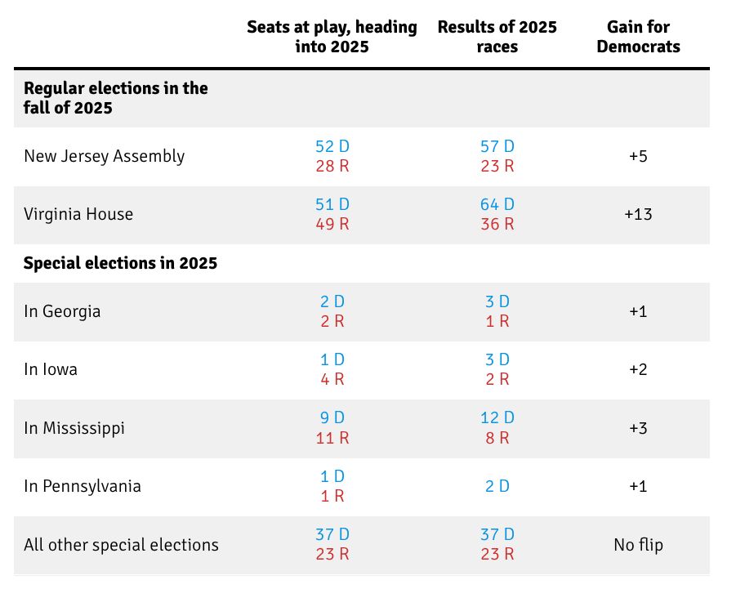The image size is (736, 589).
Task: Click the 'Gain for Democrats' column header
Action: (638, 37)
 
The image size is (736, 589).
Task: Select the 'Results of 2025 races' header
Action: (497, 37)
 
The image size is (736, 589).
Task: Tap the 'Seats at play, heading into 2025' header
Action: (332, 37)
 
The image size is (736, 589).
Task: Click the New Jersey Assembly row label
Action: (105, 156)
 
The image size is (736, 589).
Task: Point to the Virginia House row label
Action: (78, 214)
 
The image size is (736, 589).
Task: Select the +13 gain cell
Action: (638, 214)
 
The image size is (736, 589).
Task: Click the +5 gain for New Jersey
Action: (638, 156)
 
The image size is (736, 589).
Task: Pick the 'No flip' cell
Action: (638, 544)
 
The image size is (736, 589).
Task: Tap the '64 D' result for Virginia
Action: (497, 204)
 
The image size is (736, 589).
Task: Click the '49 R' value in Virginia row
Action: (332, 224)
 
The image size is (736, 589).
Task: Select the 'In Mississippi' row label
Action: (74, 427)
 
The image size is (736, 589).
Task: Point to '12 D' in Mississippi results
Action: (497, 417)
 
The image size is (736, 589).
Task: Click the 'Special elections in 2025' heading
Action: (120, 263)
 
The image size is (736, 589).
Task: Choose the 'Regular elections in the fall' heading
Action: (115, 97)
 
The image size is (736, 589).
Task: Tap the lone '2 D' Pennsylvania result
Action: (497, 486)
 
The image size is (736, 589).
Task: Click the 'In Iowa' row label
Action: (51, 369)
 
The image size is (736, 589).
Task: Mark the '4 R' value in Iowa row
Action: (332, 379)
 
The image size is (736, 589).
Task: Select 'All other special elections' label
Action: (121, 544)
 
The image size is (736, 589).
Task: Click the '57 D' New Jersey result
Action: (497, 146)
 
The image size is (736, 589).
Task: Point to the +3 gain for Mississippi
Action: (638, 427)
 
